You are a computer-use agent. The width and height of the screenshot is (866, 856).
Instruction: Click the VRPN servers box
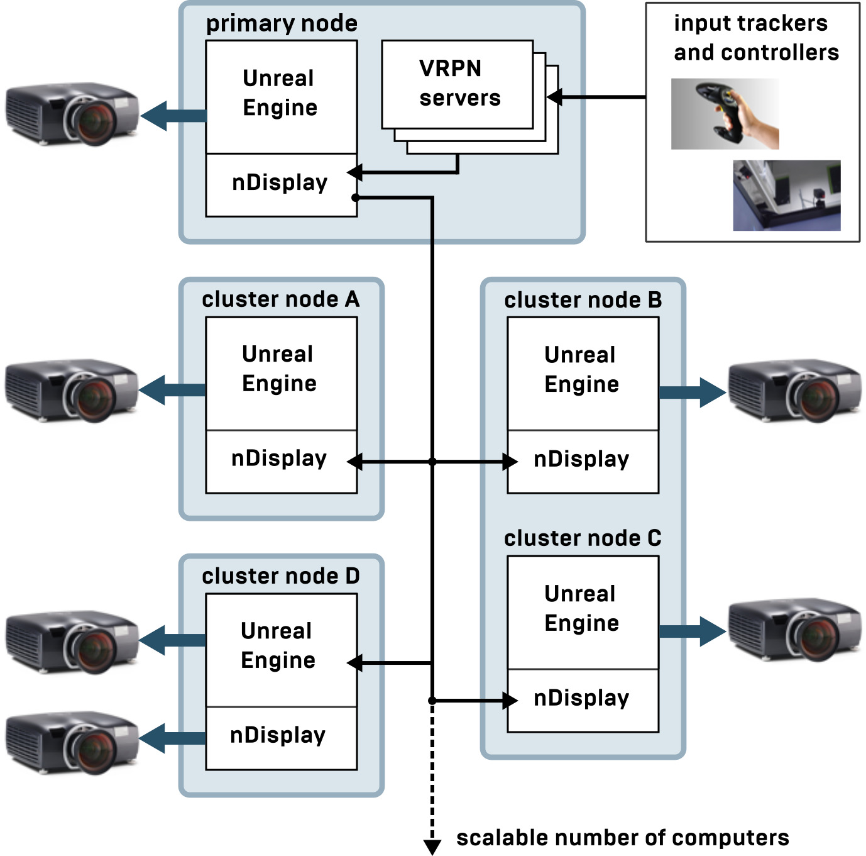pyautogui.click(x=458, y=84)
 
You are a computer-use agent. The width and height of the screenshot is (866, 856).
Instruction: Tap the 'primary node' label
pyautogui.click(x=282, y=24)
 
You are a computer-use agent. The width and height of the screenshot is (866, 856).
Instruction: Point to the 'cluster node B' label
pyautogui.click(x=583, y=300)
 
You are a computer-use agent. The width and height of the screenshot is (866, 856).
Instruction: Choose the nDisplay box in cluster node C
pyautogui.click(x=583, y=699)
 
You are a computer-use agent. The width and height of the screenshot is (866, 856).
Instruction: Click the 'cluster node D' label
pyautogui.click(x=280, y=576)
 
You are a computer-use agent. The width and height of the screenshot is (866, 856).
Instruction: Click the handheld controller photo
pyautogui.click(x=725, y=114)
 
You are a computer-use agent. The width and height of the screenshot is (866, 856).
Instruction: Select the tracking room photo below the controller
pyautogui.click(x=786, y=196)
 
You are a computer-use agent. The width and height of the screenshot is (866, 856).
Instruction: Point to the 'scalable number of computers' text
pyautogui.click(x=622, y=838)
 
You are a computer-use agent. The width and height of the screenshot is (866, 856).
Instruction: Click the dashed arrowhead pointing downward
pyautogui.click(x=432, y=847)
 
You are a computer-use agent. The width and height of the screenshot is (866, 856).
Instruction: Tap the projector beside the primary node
pyautogui.click(x=72, y=114)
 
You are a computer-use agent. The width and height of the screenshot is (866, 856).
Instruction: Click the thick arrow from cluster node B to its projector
pyautogui.click(x=691, y=392)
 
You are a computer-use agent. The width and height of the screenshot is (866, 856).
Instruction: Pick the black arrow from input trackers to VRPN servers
pyautogui.click(x=597, y=97)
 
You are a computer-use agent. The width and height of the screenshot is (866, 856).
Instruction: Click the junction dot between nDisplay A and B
pyautogui.click(x=432, y=462)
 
